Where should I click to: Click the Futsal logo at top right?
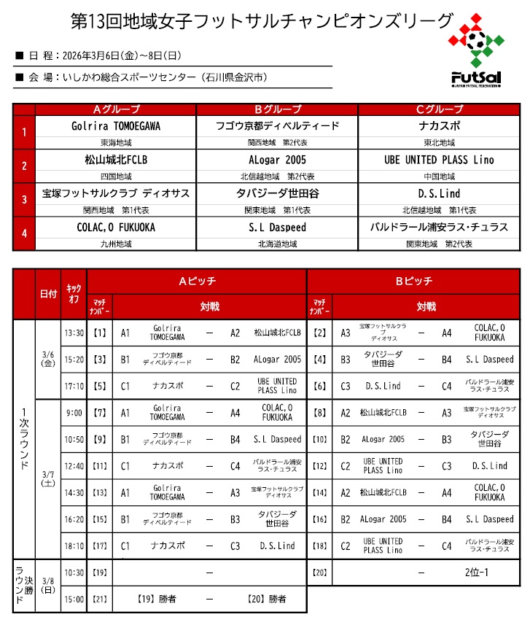click(x=476, y=51)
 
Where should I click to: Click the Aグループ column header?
click(x=116, y=109)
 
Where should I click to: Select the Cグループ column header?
click(x=439, y=109)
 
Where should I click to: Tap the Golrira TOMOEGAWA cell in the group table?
click(x=116, y=125)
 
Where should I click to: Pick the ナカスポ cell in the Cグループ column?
click(x=439, y=125)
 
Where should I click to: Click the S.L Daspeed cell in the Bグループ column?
click(x=277, y=227)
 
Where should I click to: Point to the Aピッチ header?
click(x=197, y=281)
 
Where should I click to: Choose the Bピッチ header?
click(x=414, y=281)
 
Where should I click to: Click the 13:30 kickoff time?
click(x=74, y=333)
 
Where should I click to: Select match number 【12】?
click(x=319, y=466)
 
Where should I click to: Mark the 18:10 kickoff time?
click(x=74, y=546)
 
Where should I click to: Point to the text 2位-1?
click(x=476, y=572)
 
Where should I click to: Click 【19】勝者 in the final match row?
click(x=157, y=599)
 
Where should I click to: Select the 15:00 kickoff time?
click(x=74, y=599)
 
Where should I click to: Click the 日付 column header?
click(x=48, y=294)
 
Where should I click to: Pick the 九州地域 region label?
click(x=116, y=244)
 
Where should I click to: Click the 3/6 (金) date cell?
click(x=48, y=359)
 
